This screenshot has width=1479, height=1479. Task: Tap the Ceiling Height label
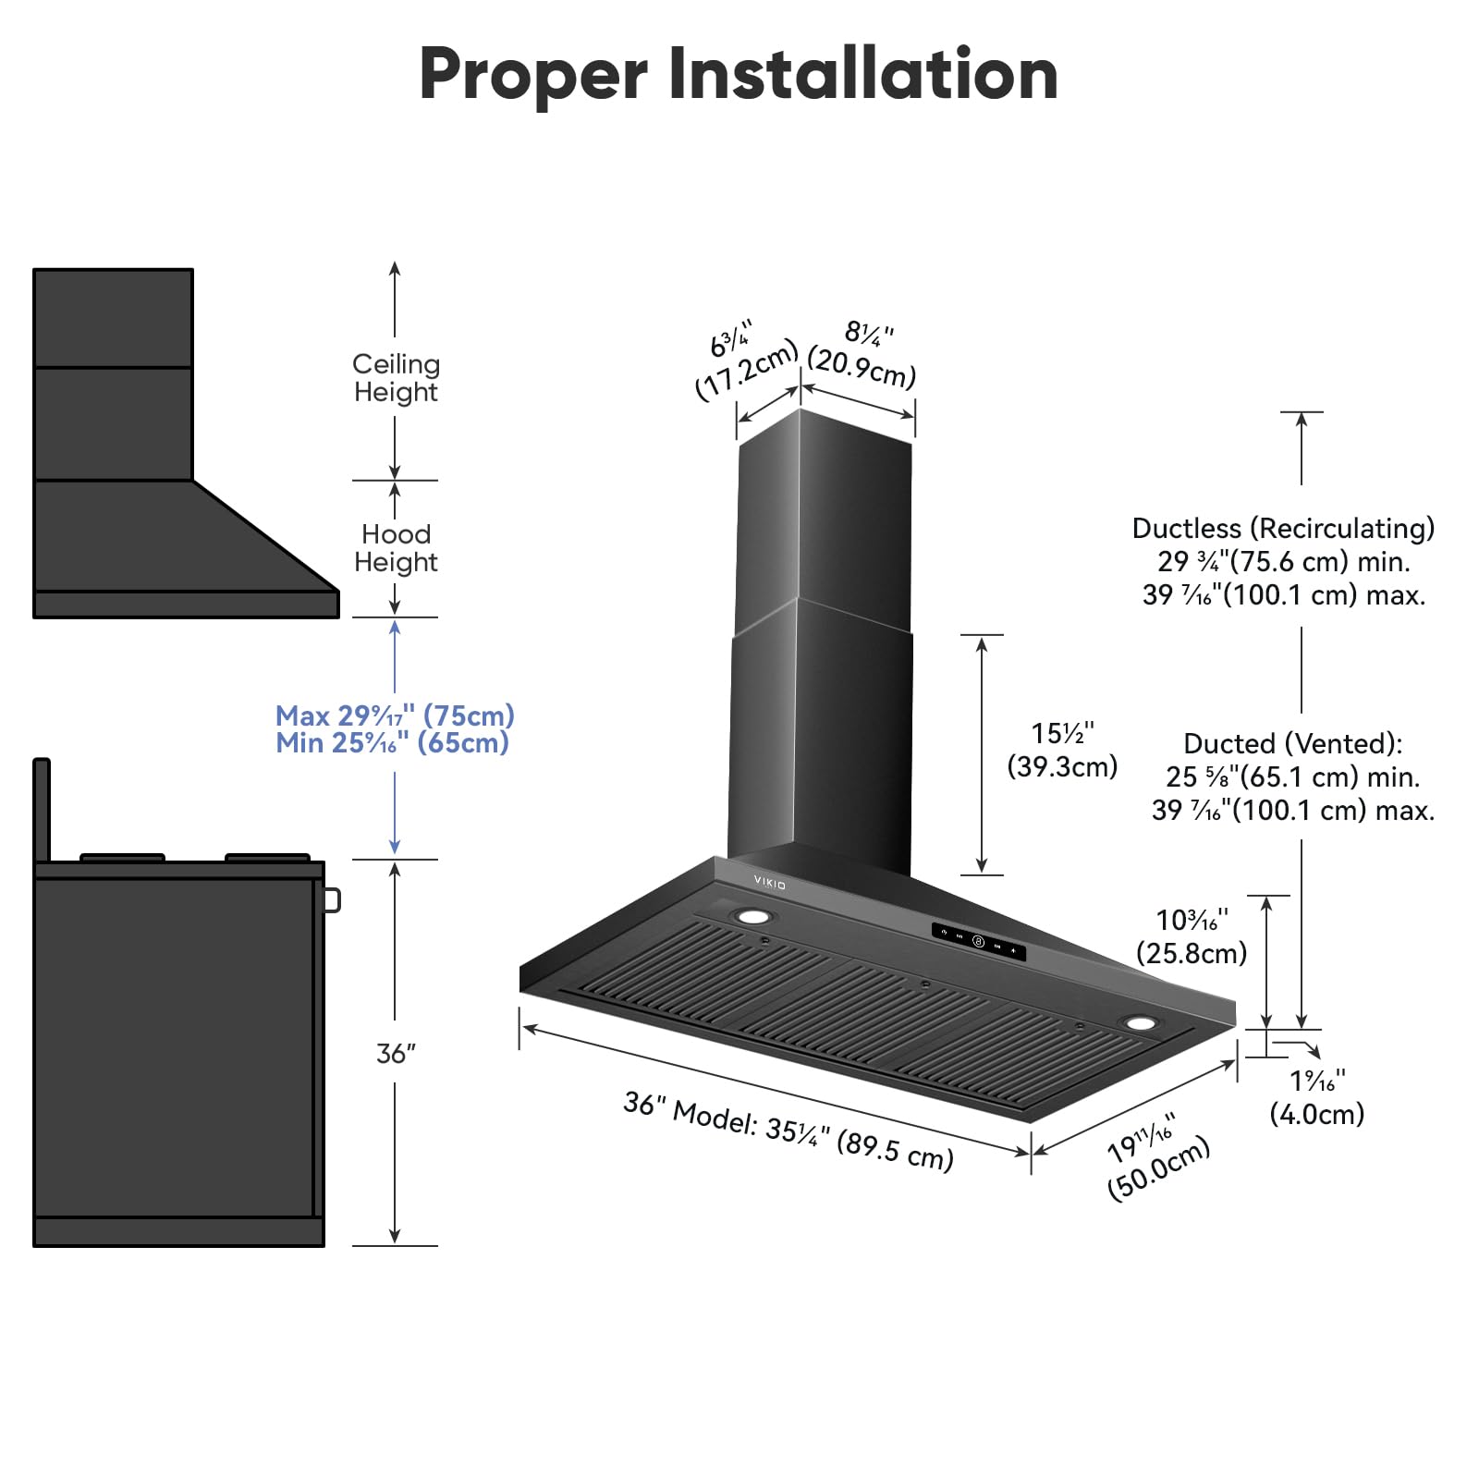[x=396, y=378]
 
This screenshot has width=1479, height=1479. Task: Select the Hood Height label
[x=396, y=548]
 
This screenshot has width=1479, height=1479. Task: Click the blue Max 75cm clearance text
[x=395, y=715]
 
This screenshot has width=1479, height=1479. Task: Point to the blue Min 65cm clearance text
[x=392, y=743]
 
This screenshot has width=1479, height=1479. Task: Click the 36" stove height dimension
[x=396, y=1054]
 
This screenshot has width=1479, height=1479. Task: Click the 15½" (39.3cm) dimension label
[x=1062, y=750]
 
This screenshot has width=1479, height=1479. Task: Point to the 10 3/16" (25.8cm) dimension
[x=1192, y=936]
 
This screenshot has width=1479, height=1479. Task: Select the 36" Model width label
[x=788, y=1130]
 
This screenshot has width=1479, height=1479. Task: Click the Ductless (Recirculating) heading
[x=1283, y=528]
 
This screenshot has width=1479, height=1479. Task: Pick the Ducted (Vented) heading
[x=1292, y=743]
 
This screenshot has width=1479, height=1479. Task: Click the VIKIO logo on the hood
[x=769, y=884]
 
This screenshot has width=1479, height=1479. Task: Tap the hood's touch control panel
[x=978, y=942]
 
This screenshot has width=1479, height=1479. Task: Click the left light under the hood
[x=753, y=917]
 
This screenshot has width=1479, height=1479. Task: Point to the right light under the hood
[x=1140, y=1023]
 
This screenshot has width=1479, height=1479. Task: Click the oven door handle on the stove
[x=332, y=899]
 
